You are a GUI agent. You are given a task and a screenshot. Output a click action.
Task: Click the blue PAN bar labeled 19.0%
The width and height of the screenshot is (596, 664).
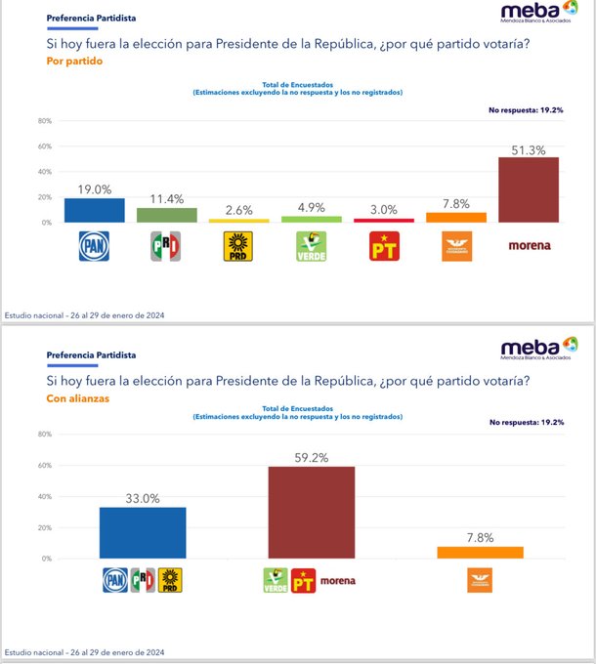(95, 210)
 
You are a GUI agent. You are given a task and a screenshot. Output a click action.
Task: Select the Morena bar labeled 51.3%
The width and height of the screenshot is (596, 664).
(529, 189)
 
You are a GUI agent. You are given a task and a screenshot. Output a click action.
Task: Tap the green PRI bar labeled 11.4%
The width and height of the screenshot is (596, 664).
(167, 215)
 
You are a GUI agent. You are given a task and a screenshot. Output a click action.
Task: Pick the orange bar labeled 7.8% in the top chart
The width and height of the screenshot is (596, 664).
(456, 217)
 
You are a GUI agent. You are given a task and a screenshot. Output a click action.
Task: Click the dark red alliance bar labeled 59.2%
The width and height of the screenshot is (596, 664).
(312, 513)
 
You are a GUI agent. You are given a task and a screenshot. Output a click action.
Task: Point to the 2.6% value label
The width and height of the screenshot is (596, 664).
(239, 210)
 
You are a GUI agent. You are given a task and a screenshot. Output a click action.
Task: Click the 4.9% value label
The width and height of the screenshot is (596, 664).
(312, 207)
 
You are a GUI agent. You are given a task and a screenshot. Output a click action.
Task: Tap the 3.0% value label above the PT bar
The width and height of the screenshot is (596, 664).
(384, 210)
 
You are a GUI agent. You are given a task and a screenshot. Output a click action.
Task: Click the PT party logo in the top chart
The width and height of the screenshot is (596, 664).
(384, 246)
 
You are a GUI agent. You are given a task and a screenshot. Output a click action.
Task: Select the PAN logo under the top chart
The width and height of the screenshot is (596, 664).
(95, 246)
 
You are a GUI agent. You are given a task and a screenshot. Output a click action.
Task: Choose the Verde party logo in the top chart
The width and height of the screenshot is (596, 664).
(312, 246)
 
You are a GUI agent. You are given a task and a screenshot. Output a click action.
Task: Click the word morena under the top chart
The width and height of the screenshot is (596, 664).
(529, 246)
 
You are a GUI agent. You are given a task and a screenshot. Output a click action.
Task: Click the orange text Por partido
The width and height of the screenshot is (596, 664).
(74, 62)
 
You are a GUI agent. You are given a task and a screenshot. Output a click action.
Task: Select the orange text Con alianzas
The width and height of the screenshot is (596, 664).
(79, 398)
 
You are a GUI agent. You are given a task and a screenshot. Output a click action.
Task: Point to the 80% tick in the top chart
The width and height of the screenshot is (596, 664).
(44, 121)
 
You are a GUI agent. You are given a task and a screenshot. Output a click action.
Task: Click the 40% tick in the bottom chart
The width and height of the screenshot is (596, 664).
(44, 496)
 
